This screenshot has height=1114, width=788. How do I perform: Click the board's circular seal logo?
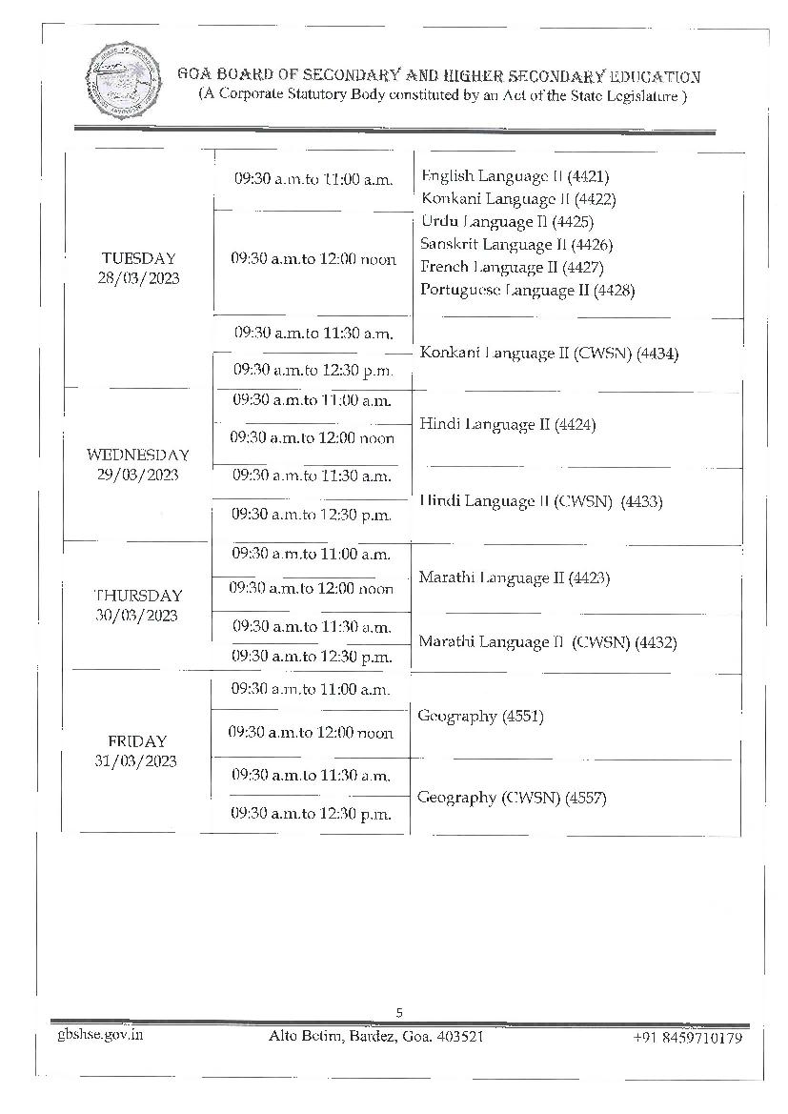[x=124, y=79]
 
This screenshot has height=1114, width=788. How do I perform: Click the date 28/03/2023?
[x=138, y=278]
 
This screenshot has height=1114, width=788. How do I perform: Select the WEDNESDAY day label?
[x=138, y=455]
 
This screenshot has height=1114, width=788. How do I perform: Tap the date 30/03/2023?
[x=136, y=616]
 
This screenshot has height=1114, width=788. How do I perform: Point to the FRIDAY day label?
[x=137, y=741]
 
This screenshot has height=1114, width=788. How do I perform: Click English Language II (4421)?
[x=515, y=176]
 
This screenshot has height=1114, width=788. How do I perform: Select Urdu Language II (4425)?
[x=507, y=222]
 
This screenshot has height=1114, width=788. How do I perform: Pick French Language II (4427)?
[x=512, y=267]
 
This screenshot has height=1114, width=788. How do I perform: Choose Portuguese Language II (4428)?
[x=527, y=290]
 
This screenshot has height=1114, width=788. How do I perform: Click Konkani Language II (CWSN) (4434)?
[x=549, y=354]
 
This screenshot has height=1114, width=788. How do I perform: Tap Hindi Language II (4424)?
[x=507, y=425]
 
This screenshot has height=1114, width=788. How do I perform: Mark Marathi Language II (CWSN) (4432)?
[x=548, y=642]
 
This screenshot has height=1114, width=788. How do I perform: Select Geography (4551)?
[x=480, y=717]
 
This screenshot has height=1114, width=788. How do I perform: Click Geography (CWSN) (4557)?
[x=512, y=798]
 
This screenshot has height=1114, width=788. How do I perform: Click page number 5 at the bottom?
[x=399, y=1012]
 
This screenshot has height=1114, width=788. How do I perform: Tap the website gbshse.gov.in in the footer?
[x=100, y=1035]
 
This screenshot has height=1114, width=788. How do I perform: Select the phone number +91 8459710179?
[x=688, y=1038]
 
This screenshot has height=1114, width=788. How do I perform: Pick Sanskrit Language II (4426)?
[x=516, y=244]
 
